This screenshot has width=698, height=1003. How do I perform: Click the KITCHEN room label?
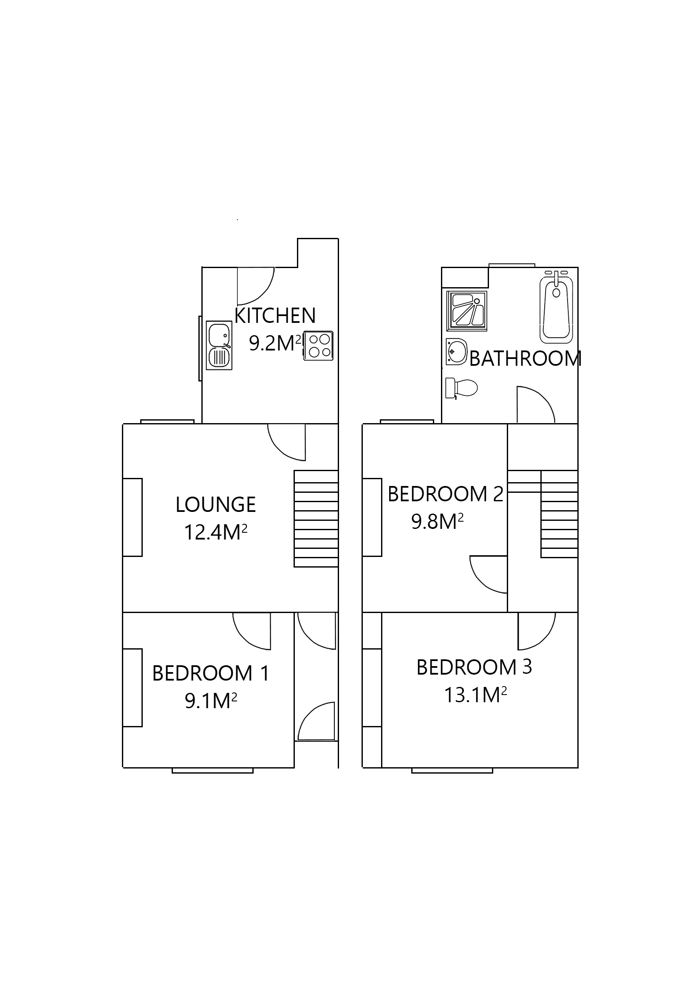[274, 315]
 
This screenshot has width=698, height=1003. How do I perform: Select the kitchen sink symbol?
[219, 345]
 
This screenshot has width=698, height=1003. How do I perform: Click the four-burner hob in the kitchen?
[318, 346]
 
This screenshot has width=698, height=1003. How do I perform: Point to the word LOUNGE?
[215, 505]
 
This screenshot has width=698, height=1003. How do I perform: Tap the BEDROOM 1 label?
[211, 673]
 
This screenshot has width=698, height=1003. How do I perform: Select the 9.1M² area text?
[211, 701]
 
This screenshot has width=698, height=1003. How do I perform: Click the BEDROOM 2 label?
[445, 494]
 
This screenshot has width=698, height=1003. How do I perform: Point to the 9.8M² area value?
[437, 522]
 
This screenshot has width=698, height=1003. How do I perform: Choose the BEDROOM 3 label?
[474, 667]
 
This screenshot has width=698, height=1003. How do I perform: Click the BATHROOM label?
[525, 359]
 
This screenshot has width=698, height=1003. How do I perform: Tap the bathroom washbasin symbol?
[456, 351]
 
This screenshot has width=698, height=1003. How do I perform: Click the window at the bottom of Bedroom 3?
[452, 771]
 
